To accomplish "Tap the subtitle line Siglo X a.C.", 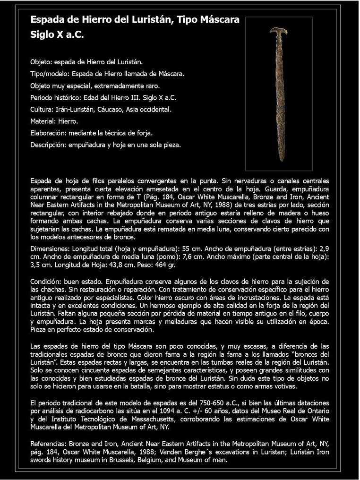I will click(x=57, y=35).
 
